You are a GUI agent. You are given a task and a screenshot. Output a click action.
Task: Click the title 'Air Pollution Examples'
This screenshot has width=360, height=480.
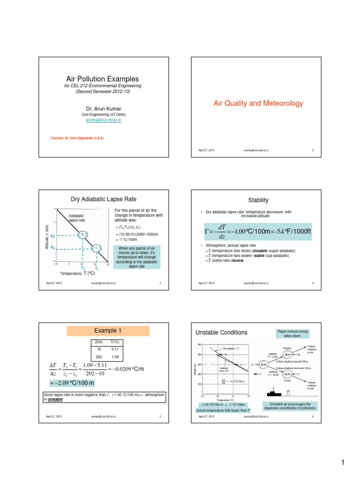(102, 79)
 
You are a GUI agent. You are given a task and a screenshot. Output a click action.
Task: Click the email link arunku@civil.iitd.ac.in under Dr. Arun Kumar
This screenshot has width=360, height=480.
(102, 120)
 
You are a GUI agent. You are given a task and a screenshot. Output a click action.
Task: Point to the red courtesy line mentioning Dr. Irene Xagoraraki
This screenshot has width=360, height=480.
(77, 138)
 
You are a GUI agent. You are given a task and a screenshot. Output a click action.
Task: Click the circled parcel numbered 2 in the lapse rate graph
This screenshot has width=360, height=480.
(82, 234)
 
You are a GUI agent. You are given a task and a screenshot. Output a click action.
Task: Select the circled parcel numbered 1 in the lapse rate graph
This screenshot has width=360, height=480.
(96, 248)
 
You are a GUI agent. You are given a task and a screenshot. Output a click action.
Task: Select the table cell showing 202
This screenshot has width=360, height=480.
(98, 357)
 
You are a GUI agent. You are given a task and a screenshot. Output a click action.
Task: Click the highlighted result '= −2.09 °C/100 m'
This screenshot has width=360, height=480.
(72, 383)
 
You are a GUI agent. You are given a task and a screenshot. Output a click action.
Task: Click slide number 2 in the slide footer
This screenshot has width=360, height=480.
(312, 150)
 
